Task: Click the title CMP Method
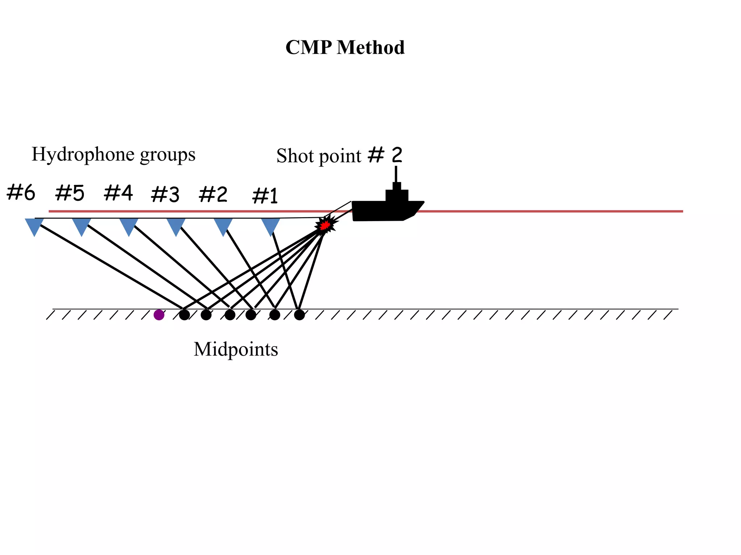click(x=345, y=47)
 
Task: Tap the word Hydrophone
click(x=84, y=155)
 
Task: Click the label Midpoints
click(x=236, y=349)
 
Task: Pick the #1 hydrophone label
click(x=265, y=196)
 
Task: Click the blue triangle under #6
click(x=34, y=226)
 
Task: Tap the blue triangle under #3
click(x=176, y=226)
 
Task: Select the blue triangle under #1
click(x=271, y=226)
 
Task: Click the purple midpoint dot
click(x=159, y=315)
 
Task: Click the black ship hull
click(x=384, y=211)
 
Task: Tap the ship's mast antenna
click(x=396, y=174)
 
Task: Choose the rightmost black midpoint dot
click(x=299, y=315)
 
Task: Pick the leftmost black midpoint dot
click(x=185, y=315)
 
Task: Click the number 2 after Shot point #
click(x=397, y=155)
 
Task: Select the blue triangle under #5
click(x=82, y=226)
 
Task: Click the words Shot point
click(x=318, y=156)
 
